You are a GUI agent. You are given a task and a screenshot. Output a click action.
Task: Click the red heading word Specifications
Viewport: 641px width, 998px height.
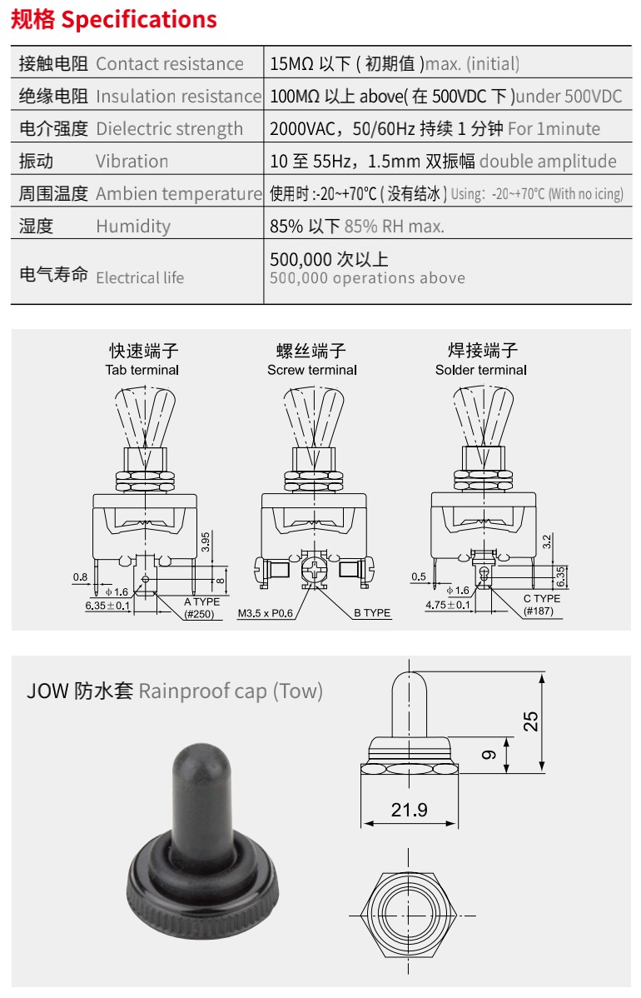click(139, 20)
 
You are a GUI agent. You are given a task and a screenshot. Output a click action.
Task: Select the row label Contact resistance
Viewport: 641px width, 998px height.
click(170, 63)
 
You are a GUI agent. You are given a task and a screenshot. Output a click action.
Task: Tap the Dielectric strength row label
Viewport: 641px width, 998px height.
click(169, 128)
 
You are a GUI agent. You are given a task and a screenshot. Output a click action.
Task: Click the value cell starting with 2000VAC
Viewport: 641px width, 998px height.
click(435, 128)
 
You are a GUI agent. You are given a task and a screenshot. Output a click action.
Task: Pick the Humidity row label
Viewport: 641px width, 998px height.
click(133, 226)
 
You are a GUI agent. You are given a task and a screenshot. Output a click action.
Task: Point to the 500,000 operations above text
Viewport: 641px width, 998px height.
click(368, 278)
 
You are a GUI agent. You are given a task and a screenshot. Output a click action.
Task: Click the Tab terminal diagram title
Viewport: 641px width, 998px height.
click(142, 370)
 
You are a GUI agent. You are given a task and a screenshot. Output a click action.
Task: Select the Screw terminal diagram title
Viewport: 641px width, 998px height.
click(312, 370)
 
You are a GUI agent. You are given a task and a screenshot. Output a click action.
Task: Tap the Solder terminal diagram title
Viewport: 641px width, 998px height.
click(481, 370)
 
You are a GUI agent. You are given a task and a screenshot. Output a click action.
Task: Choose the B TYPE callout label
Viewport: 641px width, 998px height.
click(372, 613)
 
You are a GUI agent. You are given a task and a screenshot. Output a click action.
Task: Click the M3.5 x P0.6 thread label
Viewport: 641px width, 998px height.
click(266, 614)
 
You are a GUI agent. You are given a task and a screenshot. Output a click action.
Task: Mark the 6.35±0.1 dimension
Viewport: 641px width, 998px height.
click(107, 606)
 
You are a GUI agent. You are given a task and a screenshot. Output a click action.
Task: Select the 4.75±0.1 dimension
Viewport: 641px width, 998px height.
click(448, 605)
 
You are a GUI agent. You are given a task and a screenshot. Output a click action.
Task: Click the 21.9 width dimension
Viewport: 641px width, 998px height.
click(409, 810)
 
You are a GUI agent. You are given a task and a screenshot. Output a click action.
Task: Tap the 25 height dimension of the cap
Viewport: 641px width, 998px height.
click(530, 721)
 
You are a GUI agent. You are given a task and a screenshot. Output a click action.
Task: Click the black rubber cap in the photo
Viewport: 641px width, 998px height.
click(203, 841)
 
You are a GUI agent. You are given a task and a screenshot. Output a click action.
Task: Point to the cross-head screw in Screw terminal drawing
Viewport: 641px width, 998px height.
click(314, 570)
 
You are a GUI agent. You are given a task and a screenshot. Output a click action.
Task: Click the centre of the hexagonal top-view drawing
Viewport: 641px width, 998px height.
click(408, 916)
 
